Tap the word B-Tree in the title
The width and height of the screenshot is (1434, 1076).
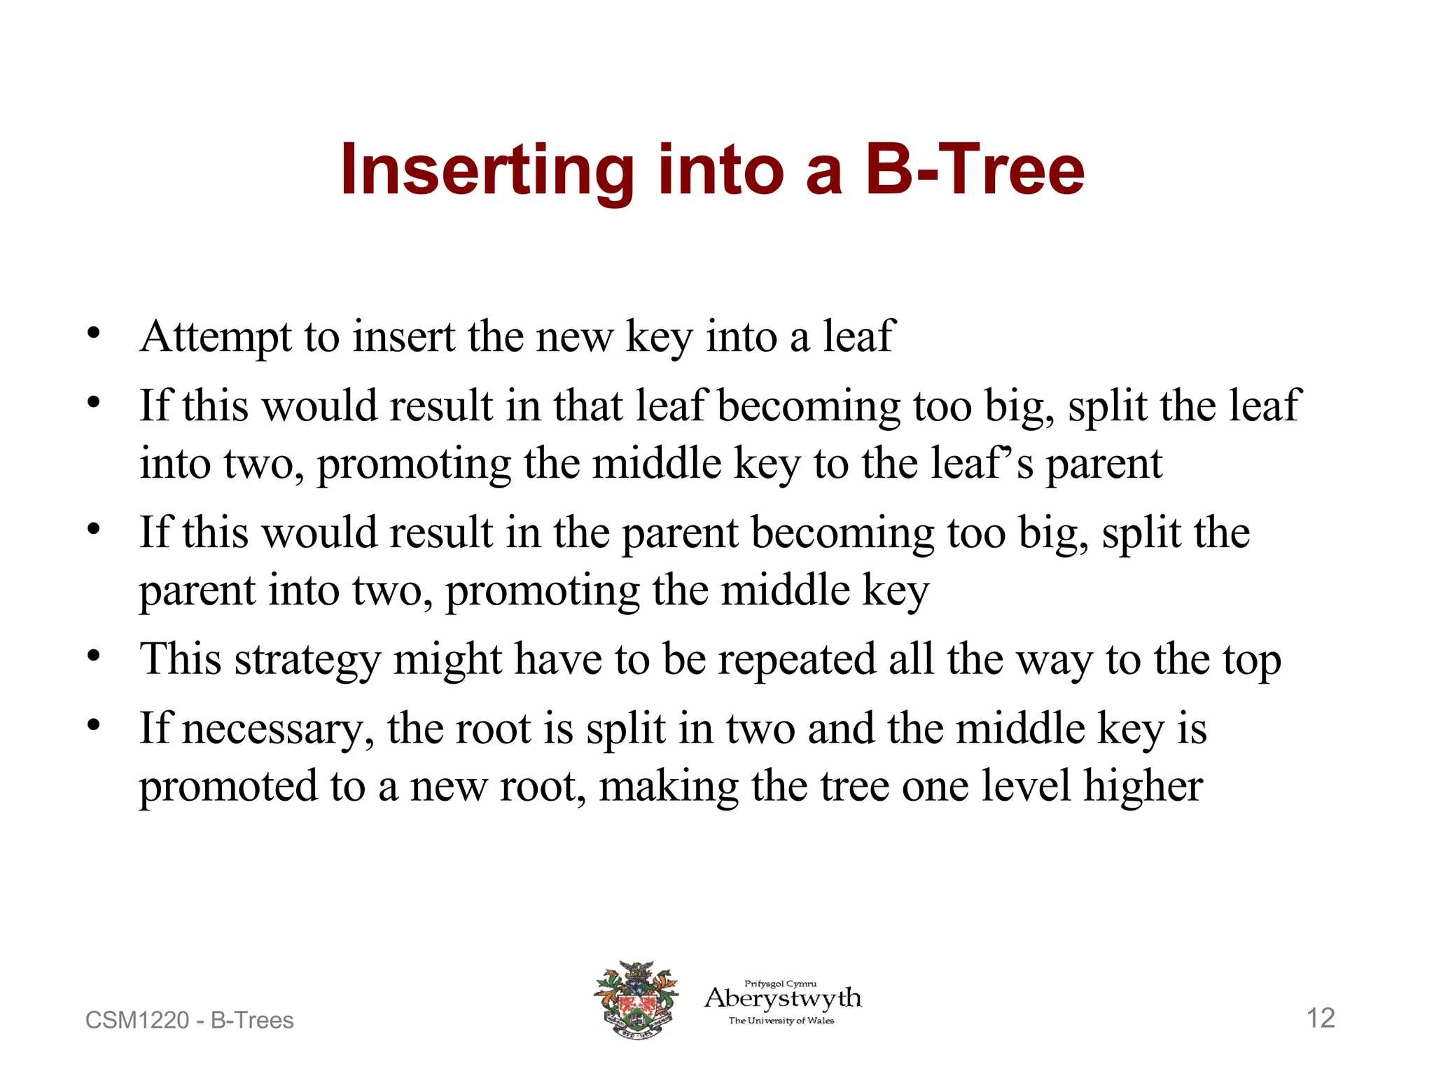click(975, 170)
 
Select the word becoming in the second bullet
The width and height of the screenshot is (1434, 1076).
click(809, 406)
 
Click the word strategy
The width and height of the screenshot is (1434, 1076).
click(307, 660)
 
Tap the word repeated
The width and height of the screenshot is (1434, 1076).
click(797, 660)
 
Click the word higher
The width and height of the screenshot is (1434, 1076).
click(1143, 786)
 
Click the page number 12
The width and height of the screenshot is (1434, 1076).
click(1321, 1018)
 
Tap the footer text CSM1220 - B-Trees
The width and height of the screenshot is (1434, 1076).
click(189, 1020)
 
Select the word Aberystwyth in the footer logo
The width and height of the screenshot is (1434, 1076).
click(783, 998)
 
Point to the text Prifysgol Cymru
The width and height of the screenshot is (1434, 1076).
click(780, 984)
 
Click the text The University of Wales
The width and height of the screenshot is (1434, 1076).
click(781, 1021)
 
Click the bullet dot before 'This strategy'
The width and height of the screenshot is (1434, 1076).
click(94, 656)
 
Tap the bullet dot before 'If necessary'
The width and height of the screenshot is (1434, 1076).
click(94, 726)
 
